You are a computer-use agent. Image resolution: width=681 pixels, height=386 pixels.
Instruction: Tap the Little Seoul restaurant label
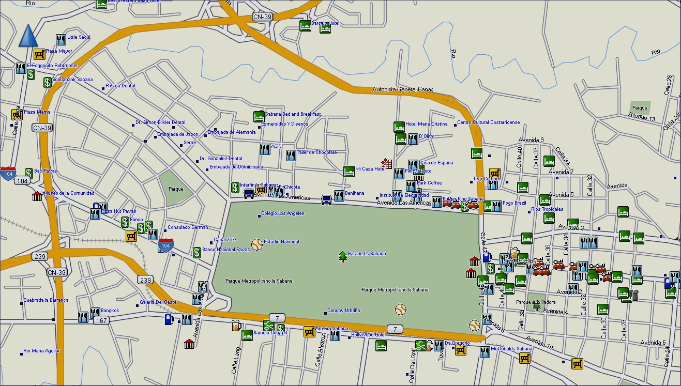pyautogui.click(x=79, y=37)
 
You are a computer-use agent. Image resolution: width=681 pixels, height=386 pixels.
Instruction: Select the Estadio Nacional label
pyautogui.click(x=281, y=242)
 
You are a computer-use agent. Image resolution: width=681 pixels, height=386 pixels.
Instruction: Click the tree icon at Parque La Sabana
pyautogui.click(x=342, y=256)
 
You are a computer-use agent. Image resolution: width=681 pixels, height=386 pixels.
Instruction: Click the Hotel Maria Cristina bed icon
pyautogui.click(x=399, y=127)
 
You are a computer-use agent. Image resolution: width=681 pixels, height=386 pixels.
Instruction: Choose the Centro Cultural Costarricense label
pyautogui.click(x=488, y=123)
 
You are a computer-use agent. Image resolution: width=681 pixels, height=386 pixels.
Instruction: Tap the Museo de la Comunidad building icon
pyautogui.click(x=37, y=196)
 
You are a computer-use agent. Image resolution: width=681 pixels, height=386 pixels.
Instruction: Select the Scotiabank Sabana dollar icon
pyautogui.click(x=47, y=82)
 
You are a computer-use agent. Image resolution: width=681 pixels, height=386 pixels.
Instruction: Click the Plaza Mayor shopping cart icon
pyautogui.click(x=39, y=54)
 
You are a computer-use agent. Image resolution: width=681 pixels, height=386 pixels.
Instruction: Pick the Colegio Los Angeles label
pyautogui.click(x=282, y=213)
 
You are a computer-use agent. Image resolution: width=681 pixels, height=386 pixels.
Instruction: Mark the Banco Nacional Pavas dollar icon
pyautogui.click(x=196, y=252)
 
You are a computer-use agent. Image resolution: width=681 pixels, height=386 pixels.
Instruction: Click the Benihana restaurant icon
pyautogui.click(x=339, y=196)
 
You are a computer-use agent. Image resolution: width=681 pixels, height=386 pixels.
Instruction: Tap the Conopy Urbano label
pyautogui.click(x=343, y=311)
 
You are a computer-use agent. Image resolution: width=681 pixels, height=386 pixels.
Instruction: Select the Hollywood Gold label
pyautogui.click(x=368, y=335)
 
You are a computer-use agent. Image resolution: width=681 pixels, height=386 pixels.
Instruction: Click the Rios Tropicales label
pyautogui.click(x=547, y=210)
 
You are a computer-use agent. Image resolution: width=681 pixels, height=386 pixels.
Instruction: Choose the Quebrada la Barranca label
pyautogui.click(x=46, y=300)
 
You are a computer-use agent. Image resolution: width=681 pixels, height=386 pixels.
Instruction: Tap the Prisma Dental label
pyautogui.click(x=120, y=86)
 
